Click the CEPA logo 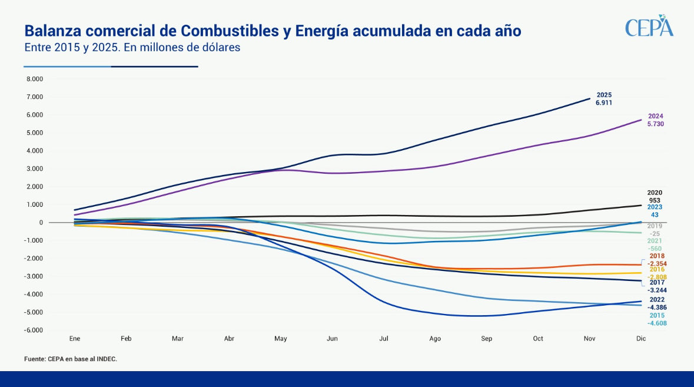[649, 27]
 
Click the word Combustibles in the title [221, 31]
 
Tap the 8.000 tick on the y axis [34, 79]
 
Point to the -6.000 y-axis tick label [34, 330]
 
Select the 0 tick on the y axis [41, 223]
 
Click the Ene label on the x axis [74, 339]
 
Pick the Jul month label [384, 339]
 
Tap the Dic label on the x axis [641, 339]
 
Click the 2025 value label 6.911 [604, 102]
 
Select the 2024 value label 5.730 [656, 124]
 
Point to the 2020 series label [655, 193]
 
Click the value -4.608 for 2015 [657, 323]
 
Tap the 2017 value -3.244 [657, 290]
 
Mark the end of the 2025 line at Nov [590, 98]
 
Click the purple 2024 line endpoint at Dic [641, 120]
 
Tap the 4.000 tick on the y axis [34, 151]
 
